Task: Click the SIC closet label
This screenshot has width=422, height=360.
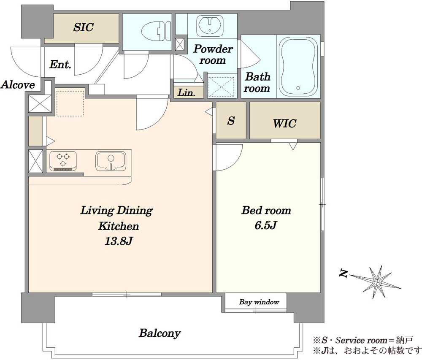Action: tap(84, 27)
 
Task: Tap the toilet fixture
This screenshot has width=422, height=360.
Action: tap(156, 31)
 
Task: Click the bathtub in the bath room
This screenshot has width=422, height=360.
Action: tap(298, 67)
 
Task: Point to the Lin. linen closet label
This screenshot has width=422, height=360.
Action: tap(186, 93)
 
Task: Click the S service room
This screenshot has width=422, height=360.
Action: tap(231, 120)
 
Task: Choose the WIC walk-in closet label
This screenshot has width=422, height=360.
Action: tap(284, 124)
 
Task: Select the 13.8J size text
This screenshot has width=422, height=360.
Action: tap(118, 241)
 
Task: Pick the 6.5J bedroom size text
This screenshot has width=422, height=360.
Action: tap(266, 225)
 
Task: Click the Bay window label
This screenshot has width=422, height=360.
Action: tap(259, 302)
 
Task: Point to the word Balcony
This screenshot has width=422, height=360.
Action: tap(160, 333)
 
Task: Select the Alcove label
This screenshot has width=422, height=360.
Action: tap(18, 85)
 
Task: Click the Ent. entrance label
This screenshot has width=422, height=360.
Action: tap(60, 65)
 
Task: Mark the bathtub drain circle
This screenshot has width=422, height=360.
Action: tap(298, 88)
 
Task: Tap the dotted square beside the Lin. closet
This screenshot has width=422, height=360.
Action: tap(221, 87)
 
